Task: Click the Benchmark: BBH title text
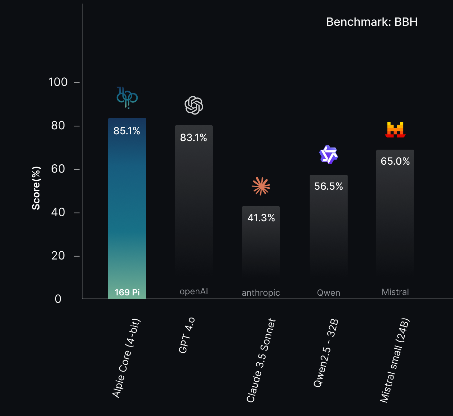(372, 22)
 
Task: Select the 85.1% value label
(127, 131)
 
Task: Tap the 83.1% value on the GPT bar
(194, 138)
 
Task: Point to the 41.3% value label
(261, 218)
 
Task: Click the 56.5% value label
(328, 187)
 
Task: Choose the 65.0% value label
(395, 161)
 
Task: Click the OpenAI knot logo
(194, 105)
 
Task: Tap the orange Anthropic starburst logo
(261, 186)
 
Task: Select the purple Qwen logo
(329, 155)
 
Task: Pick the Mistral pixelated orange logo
(395, 130)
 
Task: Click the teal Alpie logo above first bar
(127, 97)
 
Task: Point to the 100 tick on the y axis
(58, 82)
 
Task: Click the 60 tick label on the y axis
(58, 169)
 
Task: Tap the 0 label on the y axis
(58, 299)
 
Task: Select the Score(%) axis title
(36, 188)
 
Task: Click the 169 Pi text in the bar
(127, 292)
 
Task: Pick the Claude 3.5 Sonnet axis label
(261, 361)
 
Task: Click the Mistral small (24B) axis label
(395, 360)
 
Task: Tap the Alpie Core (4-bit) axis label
(127, 358)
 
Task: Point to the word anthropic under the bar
(261, 293)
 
